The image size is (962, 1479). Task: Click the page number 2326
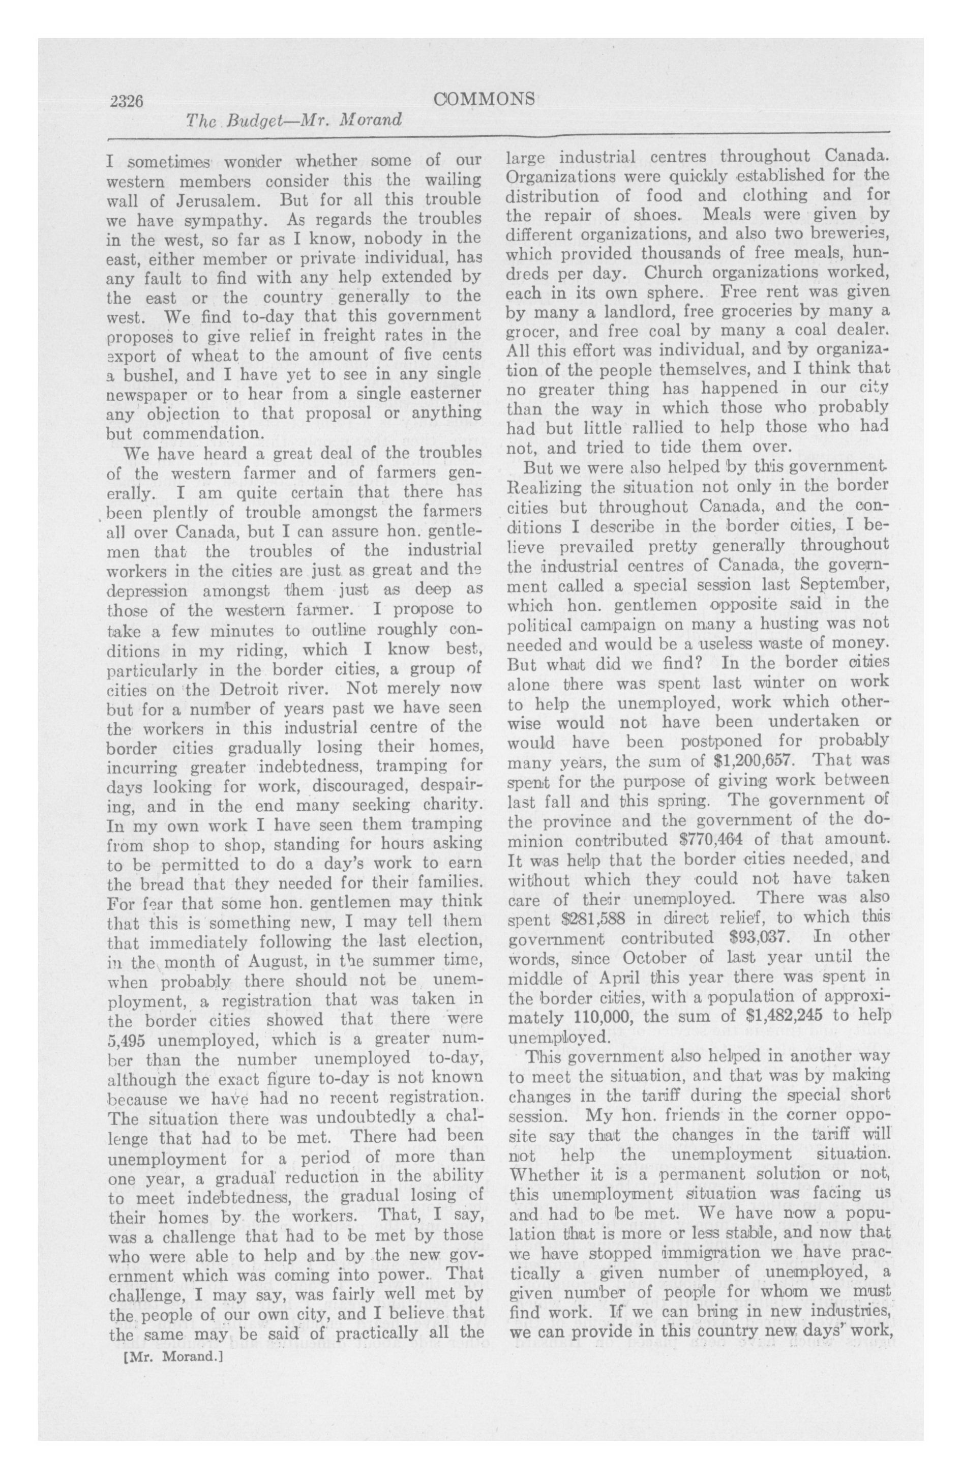(x=126, y=100)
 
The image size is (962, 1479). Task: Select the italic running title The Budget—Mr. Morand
(x=293, y=121)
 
